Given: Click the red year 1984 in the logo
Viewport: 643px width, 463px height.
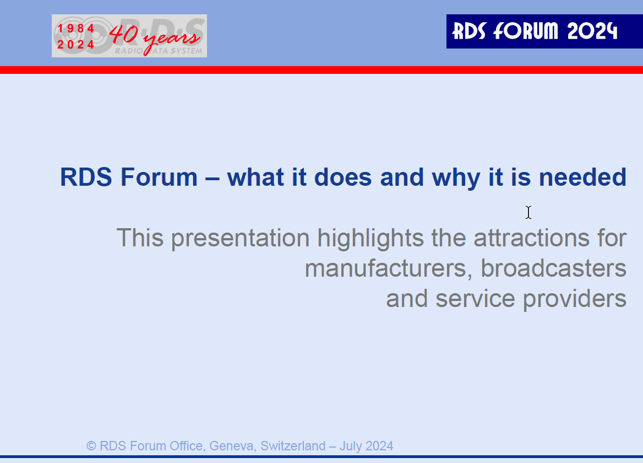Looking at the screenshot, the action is click(x=76, y=28).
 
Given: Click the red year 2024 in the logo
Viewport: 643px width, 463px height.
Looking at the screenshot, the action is click(x=76, y=44).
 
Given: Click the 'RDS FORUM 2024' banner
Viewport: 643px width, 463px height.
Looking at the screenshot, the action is click(x=544, y=31).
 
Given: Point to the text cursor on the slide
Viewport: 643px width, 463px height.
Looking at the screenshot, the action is click(x=528, y=212).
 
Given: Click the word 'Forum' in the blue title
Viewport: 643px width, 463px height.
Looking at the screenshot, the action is click(x=159, y=177).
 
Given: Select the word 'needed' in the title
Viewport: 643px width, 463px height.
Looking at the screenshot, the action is click(x=582, y=177).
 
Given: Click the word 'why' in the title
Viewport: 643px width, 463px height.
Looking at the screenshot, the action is click(x=456, y=178).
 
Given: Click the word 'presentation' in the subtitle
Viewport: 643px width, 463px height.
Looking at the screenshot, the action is click(x=241, y=239).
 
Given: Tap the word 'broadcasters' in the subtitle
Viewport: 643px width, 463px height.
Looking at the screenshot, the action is click(x=554, y=268).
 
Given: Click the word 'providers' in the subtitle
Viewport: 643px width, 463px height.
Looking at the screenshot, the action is click(x=575, y=299).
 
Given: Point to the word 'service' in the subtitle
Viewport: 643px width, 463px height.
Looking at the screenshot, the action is click(x=475, y=299).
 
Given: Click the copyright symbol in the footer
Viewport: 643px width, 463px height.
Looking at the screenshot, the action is click(x=91, y=446).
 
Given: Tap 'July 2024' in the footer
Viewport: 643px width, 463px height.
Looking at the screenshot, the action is click(x=366, y=446).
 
